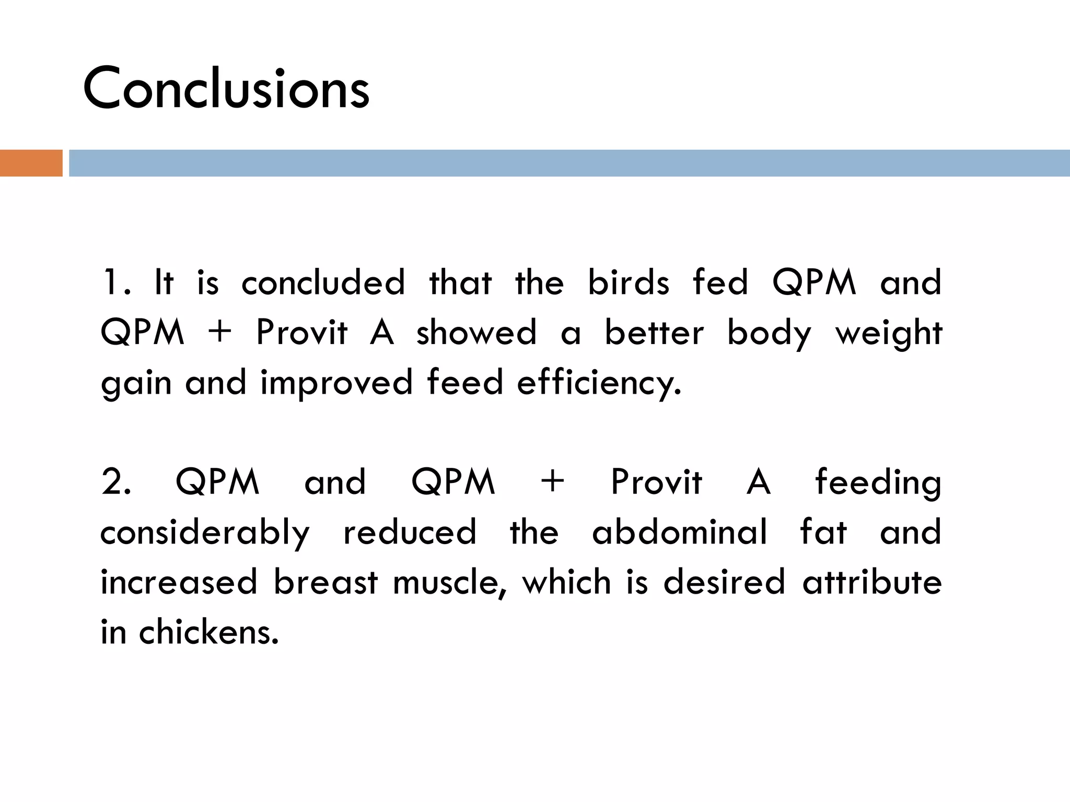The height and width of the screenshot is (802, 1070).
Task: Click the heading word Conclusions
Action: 226,89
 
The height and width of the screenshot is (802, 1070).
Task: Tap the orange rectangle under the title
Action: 31,163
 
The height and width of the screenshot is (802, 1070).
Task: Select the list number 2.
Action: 115,481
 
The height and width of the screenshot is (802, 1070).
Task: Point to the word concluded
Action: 323,282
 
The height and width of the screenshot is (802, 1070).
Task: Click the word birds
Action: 629,282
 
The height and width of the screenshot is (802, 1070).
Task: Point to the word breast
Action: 325,582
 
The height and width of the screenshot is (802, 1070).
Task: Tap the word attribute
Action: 872,582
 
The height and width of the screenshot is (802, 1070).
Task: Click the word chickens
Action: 208,632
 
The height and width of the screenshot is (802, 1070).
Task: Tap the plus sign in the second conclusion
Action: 553,481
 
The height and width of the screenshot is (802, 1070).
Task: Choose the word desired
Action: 724,582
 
